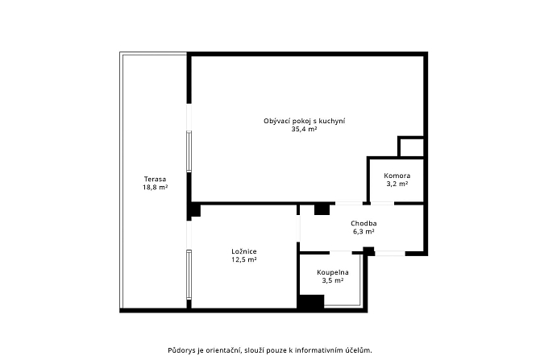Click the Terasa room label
155,179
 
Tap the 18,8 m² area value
155,187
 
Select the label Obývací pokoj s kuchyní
305,121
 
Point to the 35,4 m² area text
304,130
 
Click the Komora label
397,176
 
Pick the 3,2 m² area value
397,184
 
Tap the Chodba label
363,223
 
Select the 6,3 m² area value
363,232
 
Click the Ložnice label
244,251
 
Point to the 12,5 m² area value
244,260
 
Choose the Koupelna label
333,272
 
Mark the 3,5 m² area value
333,280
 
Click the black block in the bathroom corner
311,301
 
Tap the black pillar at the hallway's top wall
322,209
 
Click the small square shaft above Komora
411,147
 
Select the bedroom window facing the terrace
189,275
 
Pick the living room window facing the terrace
189,151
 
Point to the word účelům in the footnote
361,350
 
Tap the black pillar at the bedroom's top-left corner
195,211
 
